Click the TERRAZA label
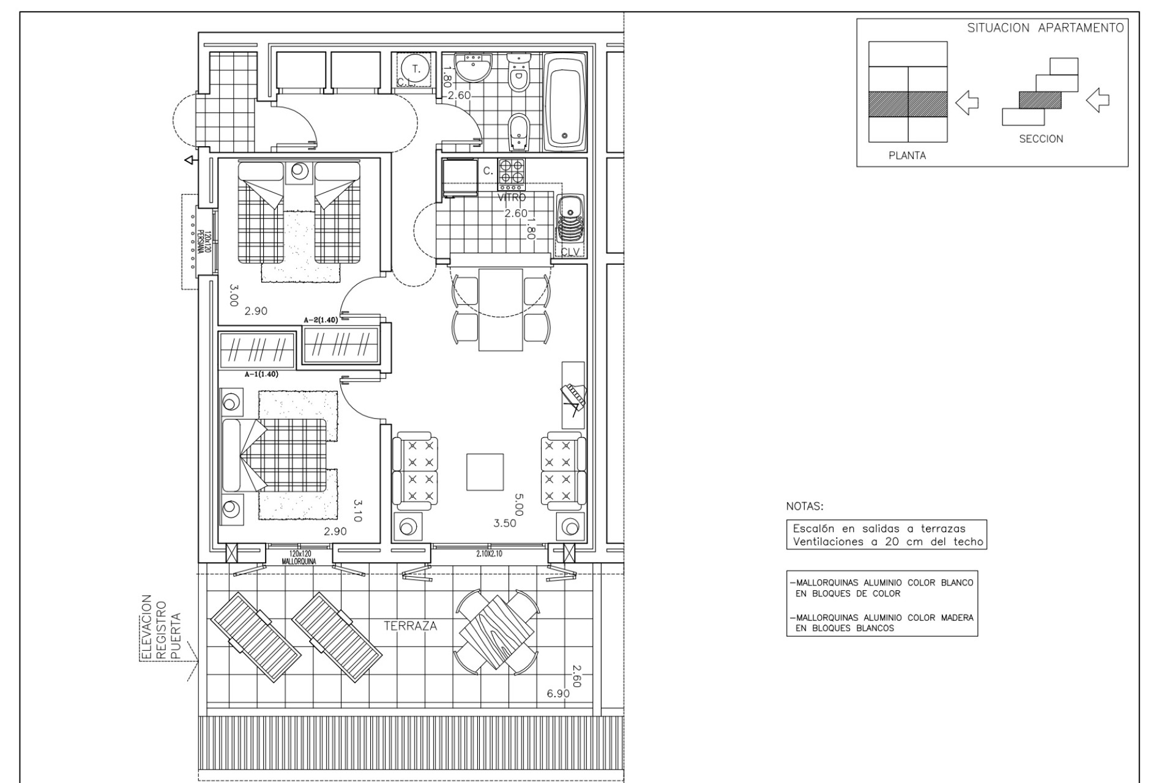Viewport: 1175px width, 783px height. [410, 626]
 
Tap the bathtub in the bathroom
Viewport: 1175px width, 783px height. [564, 103]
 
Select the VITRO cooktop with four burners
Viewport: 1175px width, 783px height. [510, 173]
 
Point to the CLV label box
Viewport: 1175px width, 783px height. [570, 251]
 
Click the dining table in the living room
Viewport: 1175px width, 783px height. [500, 310]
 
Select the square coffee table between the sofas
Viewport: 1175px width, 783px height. [485, 472]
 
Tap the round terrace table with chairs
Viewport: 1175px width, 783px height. [496, 633]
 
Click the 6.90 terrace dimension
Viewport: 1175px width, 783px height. [558, 693]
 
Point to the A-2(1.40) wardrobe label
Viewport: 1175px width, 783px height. [321, 320]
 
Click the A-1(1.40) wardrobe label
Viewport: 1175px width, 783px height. [261, 374]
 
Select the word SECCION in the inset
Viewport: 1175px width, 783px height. [1041, 139]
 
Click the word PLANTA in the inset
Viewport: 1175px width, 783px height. [907, 155]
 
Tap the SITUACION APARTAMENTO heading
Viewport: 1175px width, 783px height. [1045, 28]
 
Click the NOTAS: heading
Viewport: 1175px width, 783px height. [805, 507]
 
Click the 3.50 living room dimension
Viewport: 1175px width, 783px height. [505, 523]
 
